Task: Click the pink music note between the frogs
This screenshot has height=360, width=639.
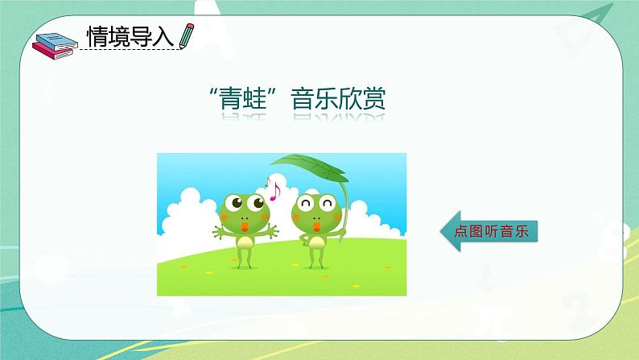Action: (273, 190)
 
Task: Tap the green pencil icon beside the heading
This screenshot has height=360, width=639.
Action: (186, 36)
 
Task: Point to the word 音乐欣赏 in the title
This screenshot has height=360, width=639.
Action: (337, 100)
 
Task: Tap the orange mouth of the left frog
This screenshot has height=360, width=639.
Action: (242, 227)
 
